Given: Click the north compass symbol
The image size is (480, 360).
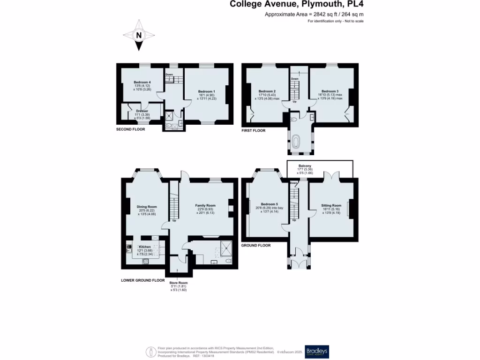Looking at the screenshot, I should pos(139,35).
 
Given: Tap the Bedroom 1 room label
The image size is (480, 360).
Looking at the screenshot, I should pos(207,91).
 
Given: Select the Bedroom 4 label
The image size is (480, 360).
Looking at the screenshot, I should pos(142,82).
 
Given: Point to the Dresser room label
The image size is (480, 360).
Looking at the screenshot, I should pos(142,111).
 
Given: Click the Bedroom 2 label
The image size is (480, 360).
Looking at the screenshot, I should pos(267,91).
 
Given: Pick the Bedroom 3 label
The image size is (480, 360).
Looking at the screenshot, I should pos(330,91).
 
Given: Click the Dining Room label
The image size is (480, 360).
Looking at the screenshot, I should pos(147,207).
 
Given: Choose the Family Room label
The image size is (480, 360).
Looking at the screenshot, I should pos(205,205).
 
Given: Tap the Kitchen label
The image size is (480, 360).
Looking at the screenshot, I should pos(144,247).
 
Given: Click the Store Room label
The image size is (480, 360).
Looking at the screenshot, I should pos(179,283).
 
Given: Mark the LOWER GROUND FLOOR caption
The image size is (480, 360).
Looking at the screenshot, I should pos(142,280).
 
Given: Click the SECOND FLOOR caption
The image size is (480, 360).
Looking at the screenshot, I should pos(130,129).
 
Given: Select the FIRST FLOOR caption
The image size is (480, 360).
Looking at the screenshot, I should pos(253,131).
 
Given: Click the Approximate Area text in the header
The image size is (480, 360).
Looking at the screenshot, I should pos(315,15).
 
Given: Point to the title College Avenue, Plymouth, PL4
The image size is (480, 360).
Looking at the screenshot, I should pos(296,5).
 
